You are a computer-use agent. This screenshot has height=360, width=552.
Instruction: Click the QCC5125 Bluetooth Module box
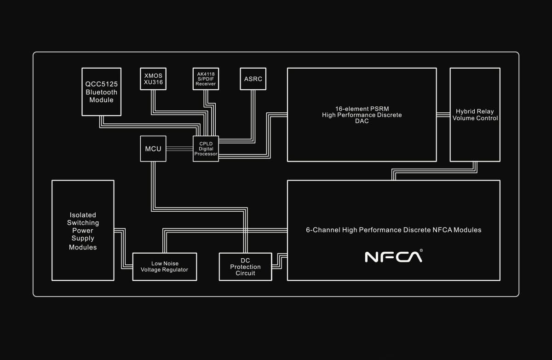point(101,92)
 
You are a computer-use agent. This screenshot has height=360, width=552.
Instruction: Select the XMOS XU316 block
point(153,79)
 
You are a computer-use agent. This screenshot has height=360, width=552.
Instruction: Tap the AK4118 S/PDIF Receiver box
point(206,79)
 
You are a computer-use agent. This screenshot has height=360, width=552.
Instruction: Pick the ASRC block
point(253,79)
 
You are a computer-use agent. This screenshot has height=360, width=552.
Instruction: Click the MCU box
point(153,149)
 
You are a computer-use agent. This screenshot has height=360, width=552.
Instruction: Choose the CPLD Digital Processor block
point(206,149)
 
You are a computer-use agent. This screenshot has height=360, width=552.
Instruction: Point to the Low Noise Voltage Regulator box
point(165,267)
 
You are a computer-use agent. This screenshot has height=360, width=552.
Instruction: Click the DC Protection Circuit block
point(246,267)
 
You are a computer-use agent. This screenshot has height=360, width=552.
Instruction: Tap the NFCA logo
point(393,257)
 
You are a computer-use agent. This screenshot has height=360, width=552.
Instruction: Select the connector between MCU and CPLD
point(179,148)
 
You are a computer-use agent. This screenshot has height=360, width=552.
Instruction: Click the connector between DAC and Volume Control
point(443,115)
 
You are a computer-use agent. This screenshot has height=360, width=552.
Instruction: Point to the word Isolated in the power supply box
point(83,215)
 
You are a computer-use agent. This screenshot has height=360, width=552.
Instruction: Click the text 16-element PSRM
point(362,109)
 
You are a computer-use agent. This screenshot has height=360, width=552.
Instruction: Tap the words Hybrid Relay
point(475,111)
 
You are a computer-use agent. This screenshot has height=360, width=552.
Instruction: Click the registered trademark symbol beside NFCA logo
point(421,250)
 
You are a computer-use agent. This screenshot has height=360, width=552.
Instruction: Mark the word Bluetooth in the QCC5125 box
point(101,92)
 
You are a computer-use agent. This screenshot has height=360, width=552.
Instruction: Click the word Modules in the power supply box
point(83,247)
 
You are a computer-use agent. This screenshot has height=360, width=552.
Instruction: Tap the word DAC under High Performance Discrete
point(362,121)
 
